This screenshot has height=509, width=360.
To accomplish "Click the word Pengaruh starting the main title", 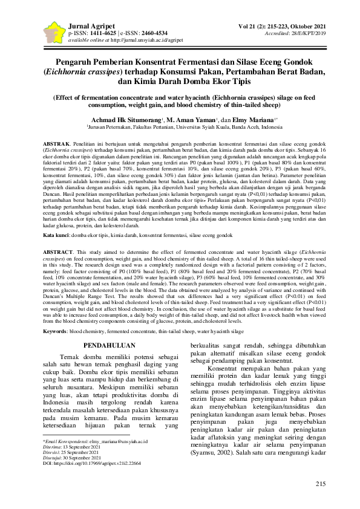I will click(76, 62).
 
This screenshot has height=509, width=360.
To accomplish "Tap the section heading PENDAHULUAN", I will click(108, 345).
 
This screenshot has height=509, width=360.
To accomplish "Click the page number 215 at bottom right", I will click(321, 484).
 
